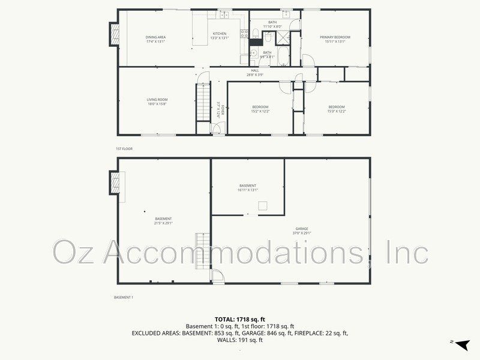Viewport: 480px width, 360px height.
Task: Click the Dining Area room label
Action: (x=155, y=40)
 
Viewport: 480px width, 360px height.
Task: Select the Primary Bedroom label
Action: (x=335, y=40)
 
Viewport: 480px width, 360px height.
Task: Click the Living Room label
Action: (x=157, y=102)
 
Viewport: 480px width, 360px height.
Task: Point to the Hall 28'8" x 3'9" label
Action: (x=255, y=73)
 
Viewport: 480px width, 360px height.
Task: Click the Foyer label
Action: (x=220, y=110)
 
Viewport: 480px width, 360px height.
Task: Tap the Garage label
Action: (x=301, y=230)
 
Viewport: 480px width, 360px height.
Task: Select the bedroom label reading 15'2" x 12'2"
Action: (x=260, y=109)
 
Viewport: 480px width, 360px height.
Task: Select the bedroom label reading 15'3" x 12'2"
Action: (x=336, y=109)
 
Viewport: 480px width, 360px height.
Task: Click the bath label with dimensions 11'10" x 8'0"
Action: (x=272, y=25)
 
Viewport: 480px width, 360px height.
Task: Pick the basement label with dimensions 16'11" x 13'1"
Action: (x=248, y=188)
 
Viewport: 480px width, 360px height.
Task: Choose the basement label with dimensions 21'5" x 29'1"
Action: (x=163, y=221)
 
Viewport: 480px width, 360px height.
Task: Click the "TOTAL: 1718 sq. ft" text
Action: (x=240, y=319)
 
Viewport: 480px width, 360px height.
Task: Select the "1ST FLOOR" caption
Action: (x=124, y=148)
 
